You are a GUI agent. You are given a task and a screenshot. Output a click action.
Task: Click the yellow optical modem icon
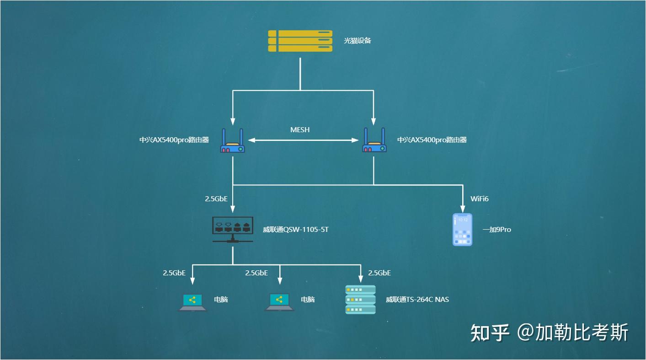[300, 41]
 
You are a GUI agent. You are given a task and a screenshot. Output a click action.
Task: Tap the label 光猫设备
[358, 41]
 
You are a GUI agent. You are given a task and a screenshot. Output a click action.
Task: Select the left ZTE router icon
[233, 141]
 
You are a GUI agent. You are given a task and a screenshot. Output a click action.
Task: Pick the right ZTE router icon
[374, 141]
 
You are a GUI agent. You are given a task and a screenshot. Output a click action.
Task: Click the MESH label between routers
[300, 130]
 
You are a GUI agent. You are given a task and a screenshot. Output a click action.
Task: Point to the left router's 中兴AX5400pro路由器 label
[174, 140]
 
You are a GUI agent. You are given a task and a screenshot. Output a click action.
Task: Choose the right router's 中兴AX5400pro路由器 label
[432, 140]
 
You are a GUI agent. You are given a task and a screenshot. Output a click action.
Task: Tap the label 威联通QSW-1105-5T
[296, 230]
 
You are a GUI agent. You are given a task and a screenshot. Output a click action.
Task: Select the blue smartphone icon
[462, 230]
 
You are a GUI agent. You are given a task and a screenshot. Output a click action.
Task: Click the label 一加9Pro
[497, 230]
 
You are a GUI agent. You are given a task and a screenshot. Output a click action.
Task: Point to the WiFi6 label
[480, 199]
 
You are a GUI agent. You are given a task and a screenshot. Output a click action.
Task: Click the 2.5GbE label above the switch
[216, 199]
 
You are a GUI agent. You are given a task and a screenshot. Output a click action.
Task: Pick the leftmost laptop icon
[192, 302]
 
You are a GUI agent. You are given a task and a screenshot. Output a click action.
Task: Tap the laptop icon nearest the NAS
[279, 302]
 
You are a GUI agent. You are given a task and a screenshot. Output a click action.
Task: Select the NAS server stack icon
[360, 300]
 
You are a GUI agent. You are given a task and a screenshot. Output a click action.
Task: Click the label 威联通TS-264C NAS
[417, 300]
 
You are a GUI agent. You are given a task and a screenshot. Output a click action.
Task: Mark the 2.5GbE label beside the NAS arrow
[379, 273]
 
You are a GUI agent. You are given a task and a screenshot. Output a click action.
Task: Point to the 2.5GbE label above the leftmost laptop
[174, 273]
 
